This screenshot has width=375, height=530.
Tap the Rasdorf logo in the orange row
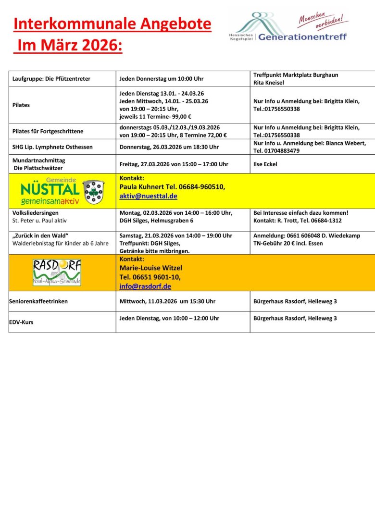(x=57, y=272)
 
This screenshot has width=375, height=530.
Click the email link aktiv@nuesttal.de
(x=148, y=196)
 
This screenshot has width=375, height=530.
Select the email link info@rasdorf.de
(x=145, y=286)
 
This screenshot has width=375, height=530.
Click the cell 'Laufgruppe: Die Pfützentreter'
(x=51, y=79)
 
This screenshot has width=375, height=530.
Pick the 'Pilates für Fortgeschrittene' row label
(x=48, y=131)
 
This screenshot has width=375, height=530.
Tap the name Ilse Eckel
(x=265, y=164)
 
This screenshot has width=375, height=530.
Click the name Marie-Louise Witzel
(x=151, y=268)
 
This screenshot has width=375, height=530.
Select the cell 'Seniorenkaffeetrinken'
(x=38, y=301)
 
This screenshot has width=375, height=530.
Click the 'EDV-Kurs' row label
(x=21, y=322)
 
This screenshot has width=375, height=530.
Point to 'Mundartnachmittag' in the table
(x=38, y=160)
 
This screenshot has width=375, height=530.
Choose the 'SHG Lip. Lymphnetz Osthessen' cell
(x=52, y=147)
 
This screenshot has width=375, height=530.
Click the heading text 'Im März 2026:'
(x=68, y=47)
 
